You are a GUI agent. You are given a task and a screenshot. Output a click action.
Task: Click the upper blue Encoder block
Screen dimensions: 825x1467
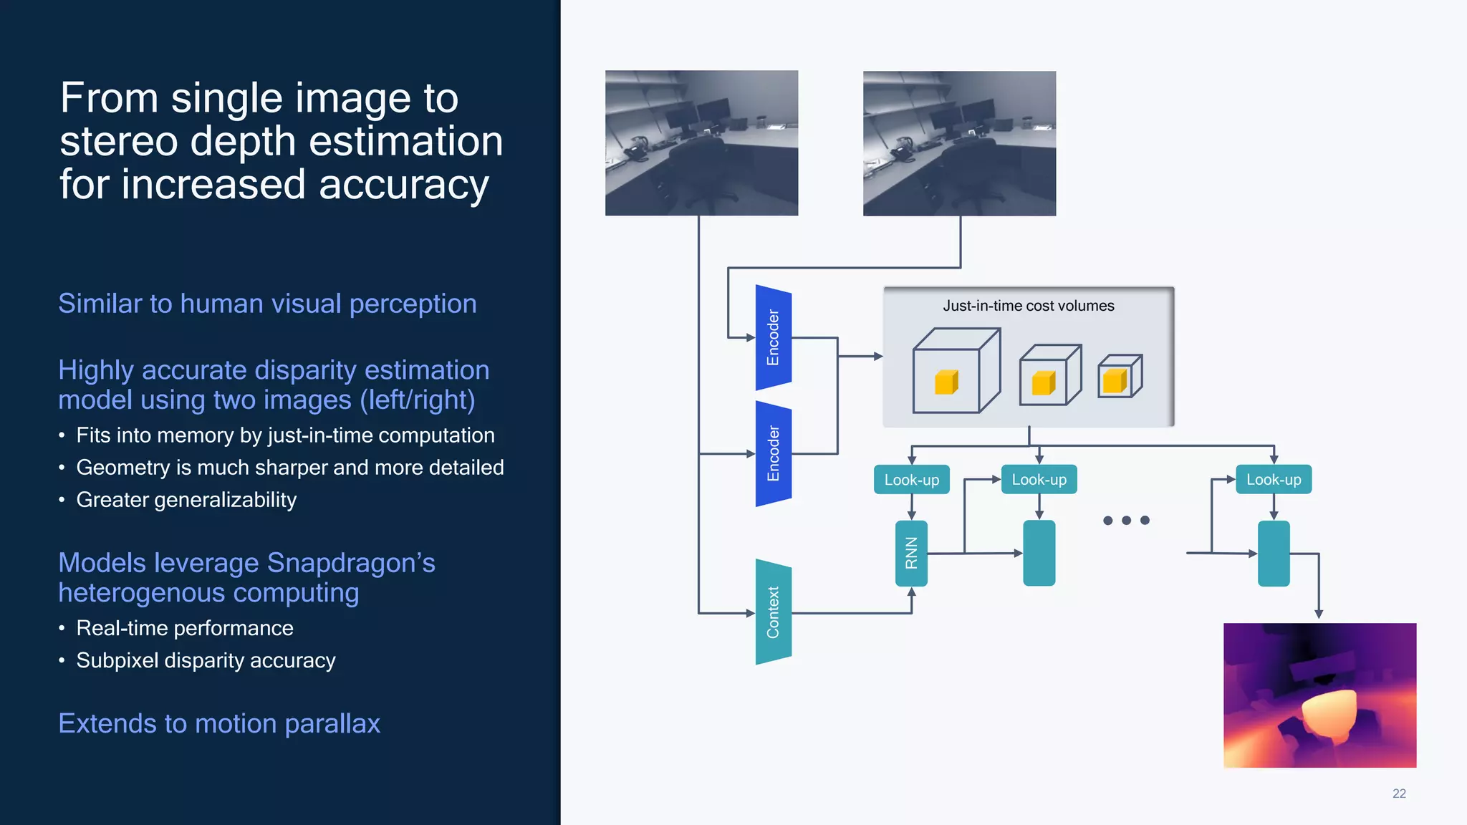[x=773, y=337]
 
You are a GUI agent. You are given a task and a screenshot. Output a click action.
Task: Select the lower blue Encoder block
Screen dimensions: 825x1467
[x=773, y=453]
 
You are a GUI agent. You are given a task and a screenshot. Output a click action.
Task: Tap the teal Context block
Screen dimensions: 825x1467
[x=773, y=612]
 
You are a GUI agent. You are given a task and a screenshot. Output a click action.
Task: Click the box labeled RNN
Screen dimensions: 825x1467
[x=911, y=553]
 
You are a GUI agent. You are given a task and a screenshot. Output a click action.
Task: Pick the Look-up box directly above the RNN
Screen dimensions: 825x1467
[x=911, y=480]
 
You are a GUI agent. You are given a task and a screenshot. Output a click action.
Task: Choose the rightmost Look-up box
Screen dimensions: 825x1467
[x=1273, y=480]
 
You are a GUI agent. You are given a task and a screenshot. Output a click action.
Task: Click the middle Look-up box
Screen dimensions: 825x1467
[x=1039, y=480]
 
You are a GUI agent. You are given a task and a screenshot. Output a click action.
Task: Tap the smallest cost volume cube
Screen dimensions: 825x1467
[x=1120, y=376]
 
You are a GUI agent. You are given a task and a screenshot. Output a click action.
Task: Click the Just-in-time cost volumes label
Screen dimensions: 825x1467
[x=1028, y=306]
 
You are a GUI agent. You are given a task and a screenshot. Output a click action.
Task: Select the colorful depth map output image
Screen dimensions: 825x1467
[x=1319, y=695]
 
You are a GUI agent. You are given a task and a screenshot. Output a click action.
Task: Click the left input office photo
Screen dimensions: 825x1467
[x=701, y=143]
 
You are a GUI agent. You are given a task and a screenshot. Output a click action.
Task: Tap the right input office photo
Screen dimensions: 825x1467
[x=959, y=143]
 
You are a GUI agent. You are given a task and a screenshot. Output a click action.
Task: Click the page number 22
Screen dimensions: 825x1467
[x=1398, y=793]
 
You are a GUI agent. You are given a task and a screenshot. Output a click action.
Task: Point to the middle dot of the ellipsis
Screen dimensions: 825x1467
[x=1126, y=521]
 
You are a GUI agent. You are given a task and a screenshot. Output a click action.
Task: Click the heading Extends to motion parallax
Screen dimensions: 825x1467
[x=219, y=723]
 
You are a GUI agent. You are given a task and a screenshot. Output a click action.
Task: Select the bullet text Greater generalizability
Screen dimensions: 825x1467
[x=186, y=500]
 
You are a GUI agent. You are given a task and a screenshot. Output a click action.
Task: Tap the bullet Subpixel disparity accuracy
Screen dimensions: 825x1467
[x=206, y=660]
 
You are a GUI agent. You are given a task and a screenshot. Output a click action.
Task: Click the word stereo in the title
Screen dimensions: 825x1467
[x=117, y=141]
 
